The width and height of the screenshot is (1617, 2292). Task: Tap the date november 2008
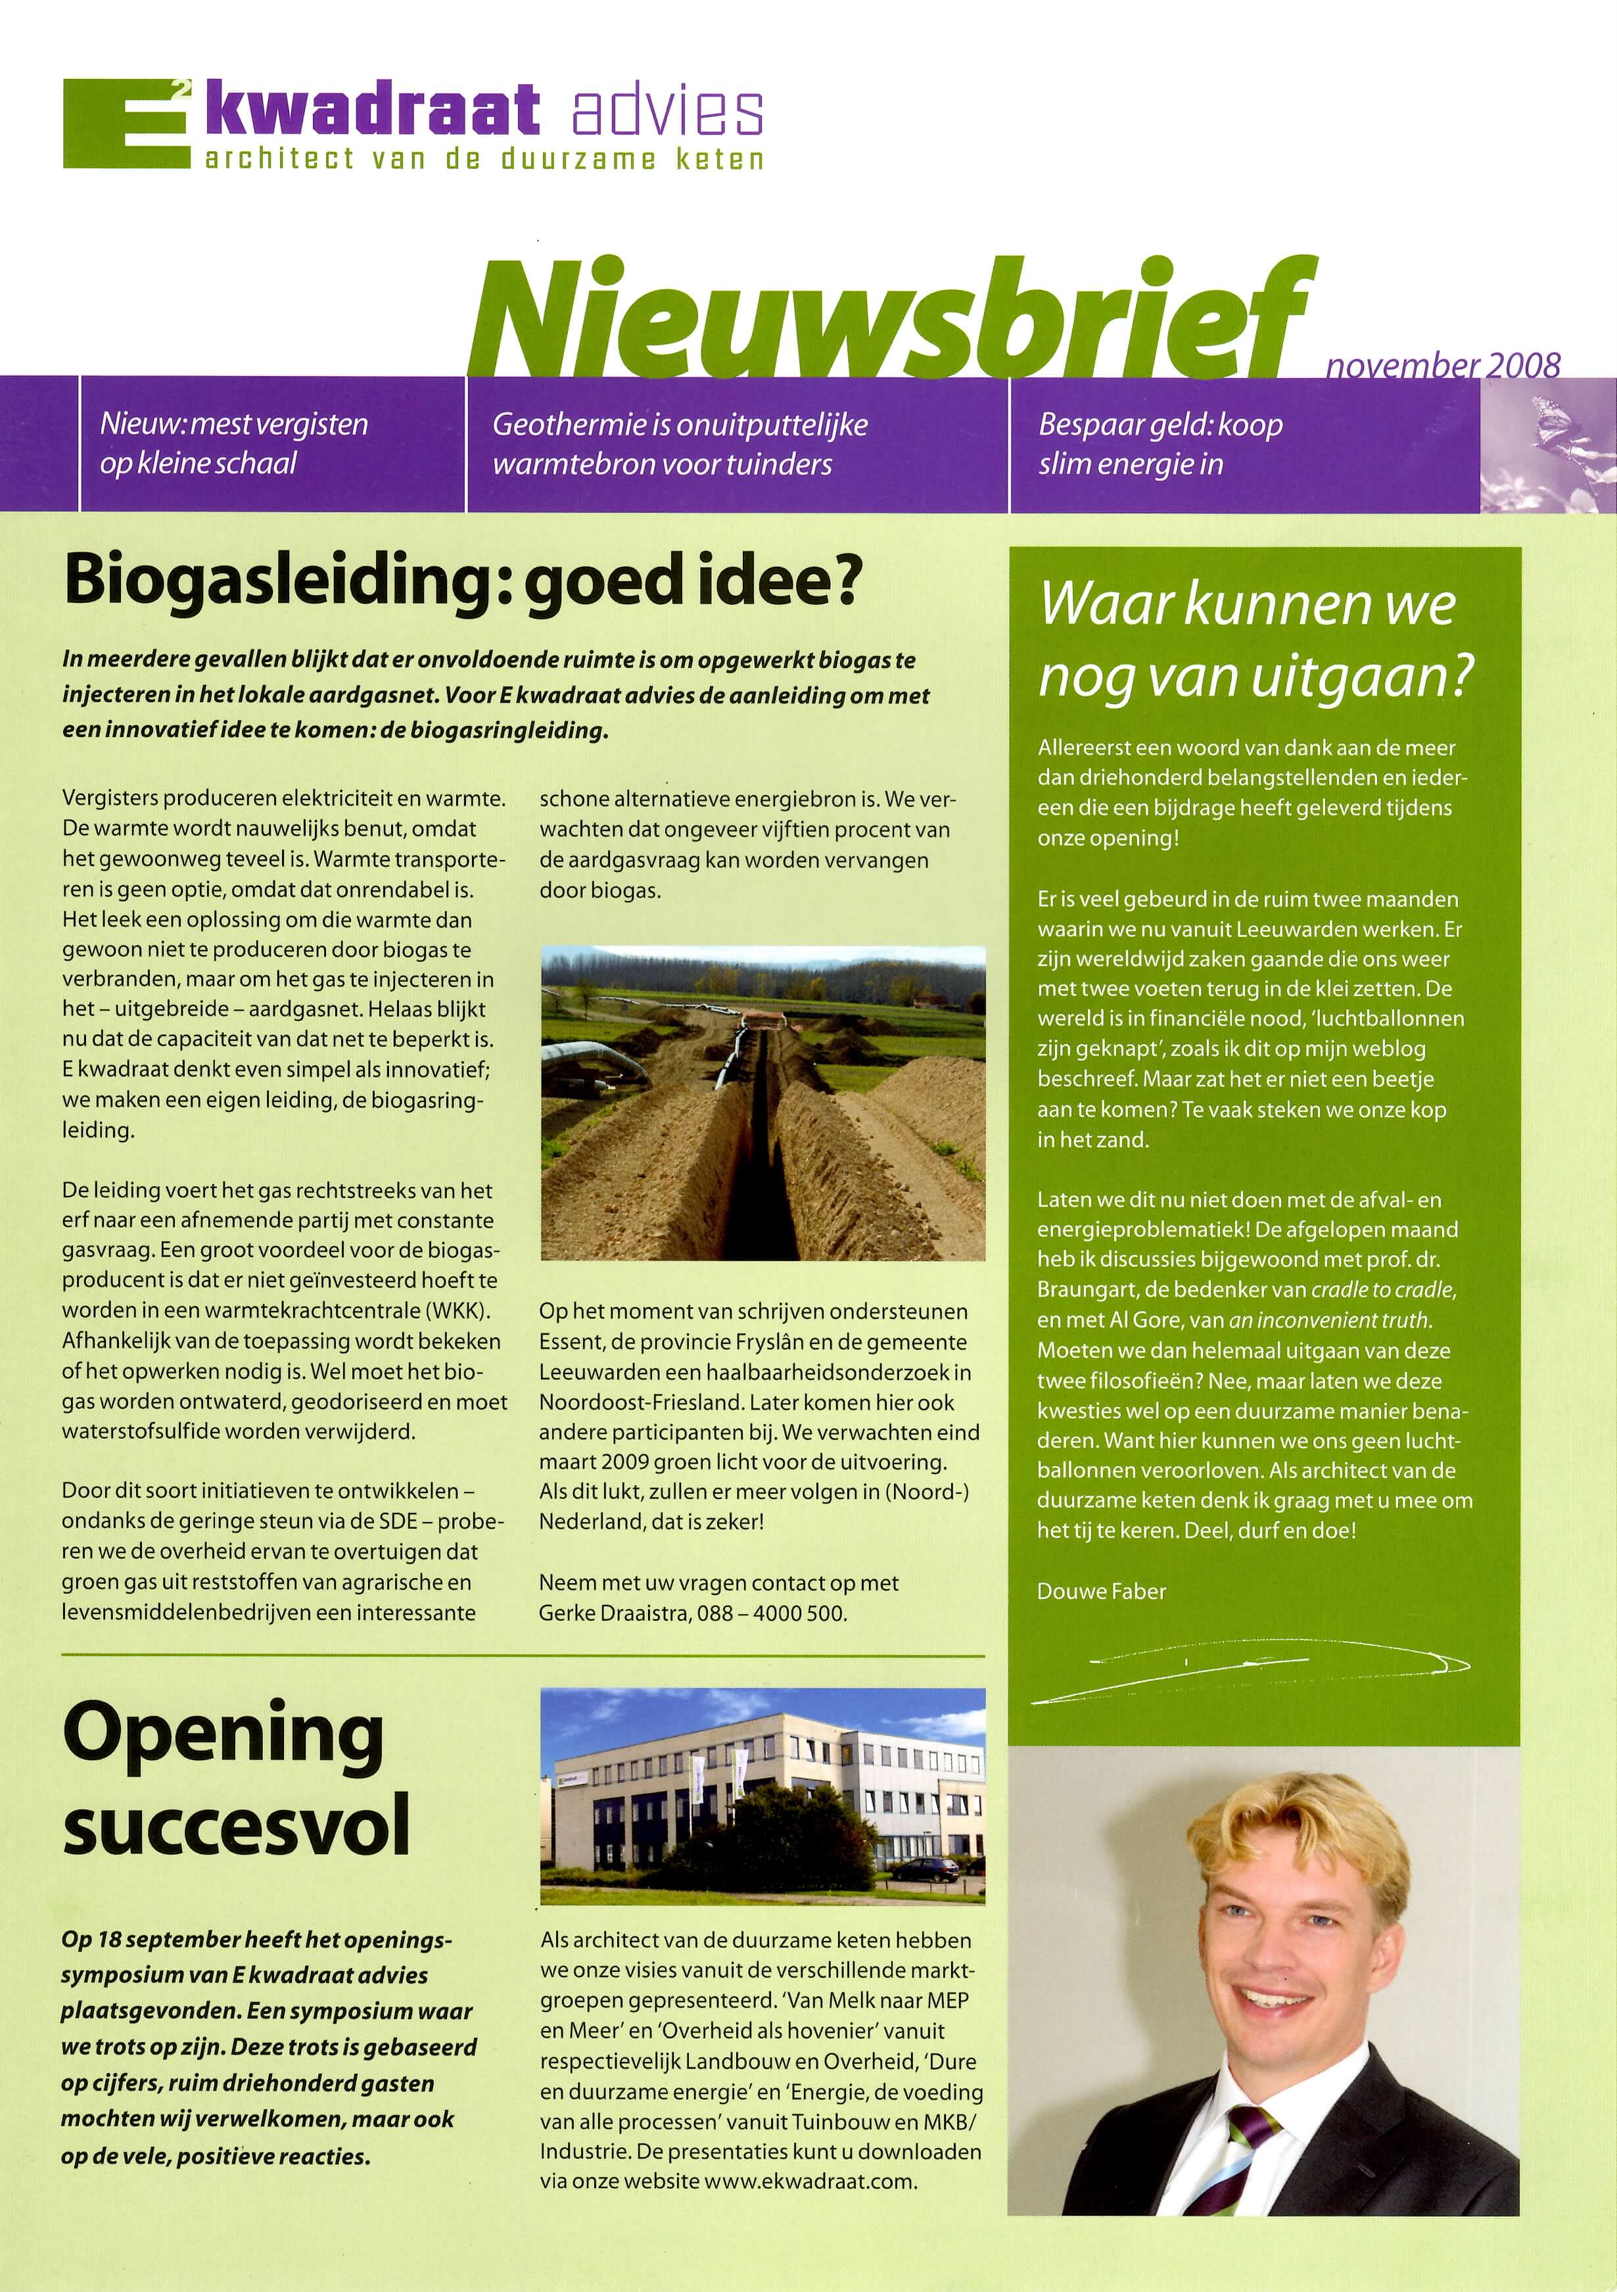coord(1442,366)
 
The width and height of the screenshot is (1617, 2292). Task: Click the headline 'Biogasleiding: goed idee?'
coord(461,582)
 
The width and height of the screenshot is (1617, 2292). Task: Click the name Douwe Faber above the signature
coord(1101,1591)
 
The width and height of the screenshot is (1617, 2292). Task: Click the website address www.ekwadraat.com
coord(810,2180)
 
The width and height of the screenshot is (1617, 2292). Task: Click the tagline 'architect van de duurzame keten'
coord(484,158)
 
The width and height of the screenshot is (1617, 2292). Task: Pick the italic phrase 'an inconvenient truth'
coord(1330,1320)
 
